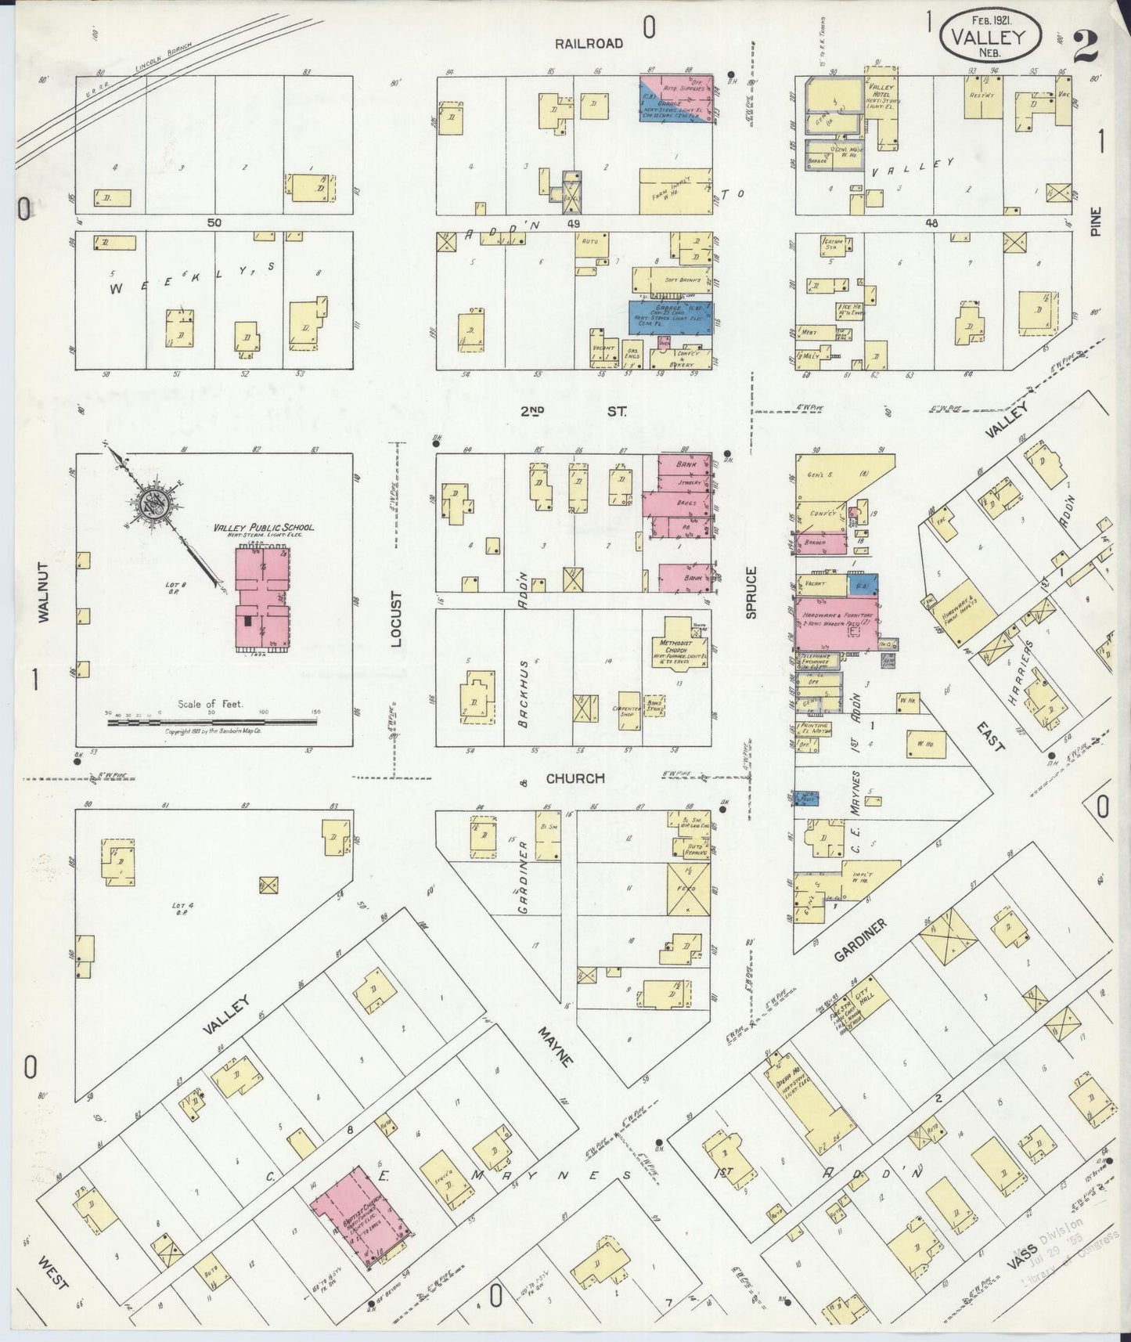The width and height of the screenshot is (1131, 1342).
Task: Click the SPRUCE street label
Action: [751, 593]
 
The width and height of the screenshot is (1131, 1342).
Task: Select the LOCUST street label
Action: [396, 619]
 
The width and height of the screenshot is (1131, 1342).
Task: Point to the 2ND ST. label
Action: [573, 409]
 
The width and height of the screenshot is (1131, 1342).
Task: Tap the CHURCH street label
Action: [575, 778]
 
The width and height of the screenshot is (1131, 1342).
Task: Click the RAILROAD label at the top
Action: [589, 44]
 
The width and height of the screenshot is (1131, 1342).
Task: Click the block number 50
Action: [214, 222]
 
